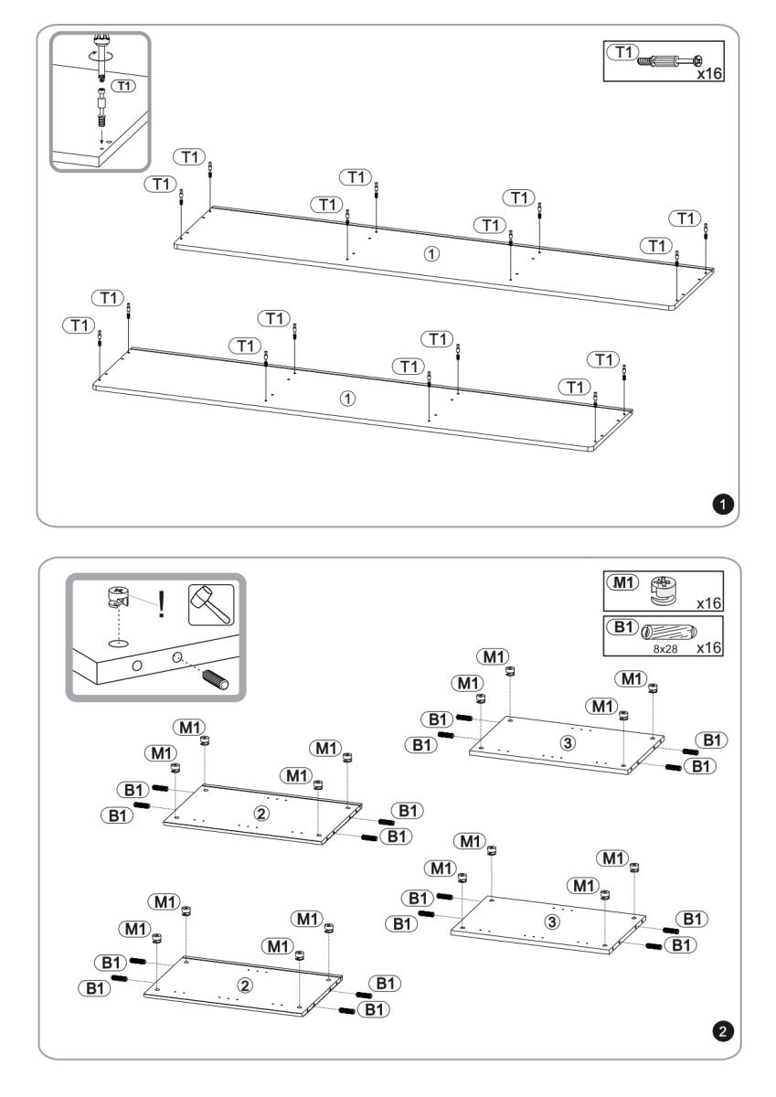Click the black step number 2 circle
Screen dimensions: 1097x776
(722, 1031)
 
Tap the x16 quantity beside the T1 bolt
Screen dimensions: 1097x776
(709, 74)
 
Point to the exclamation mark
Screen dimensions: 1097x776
(163, 604)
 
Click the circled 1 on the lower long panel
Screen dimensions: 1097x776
(347, 399)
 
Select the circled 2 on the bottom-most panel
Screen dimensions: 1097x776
(243, 985)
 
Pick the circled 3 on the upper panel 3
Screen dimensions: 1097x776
(568, 742)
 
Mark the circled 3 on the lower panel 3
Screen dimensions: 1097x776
(551, 921)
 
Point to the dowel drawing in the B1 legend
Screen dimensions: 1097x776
(670, 630)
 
